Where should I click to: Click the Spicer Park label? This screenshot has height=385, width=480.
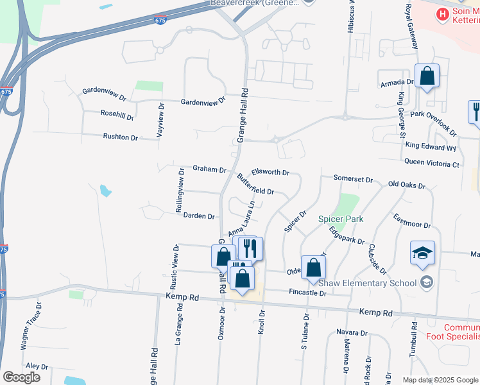341,219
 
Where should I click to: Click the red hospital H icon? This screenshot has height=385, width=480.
441,13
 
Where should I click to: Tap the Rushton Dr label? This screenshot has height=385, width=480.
121,137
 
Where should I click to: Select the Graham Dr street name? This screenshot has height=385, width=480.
209,169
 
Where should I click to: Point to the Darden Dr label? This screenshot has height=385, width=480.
199,216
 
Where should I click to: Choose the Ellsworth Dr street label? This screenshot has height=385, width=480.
271,172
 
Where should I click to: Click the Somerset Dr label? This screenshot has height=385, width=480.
353,178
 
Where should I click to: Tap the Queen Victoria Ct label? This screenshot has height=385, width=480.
433,164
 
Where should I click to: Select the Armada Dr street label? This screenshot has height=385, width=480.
397,82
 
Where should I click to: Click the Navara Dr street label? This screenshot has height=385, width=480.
352,333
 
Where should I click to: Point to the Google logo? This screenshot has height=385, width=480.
21,377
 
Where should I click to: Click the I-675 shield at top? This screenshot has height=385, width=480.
160,21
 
